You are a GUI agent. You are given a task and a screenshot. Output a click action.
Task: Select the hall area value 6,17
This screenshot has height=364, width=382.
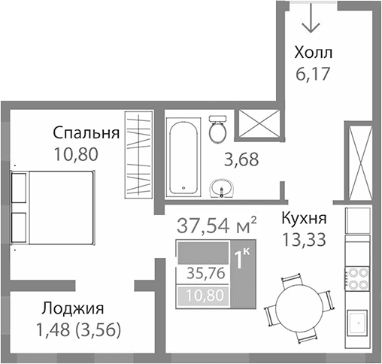(313, 74)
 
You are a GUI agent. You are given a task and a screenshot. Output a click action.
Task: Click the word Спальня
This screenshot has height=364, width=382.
(86, 133)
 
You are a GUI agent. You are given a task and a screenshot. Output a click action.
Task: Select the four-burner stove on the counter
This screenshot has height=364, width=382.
(356, 279)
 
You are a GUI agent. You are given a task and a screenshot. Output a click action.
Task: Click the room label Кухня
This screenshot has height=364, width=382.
(304, 219)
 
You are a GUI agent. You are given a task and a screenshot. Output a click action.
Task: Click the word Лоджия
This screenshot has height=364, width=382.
(73, 308)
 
